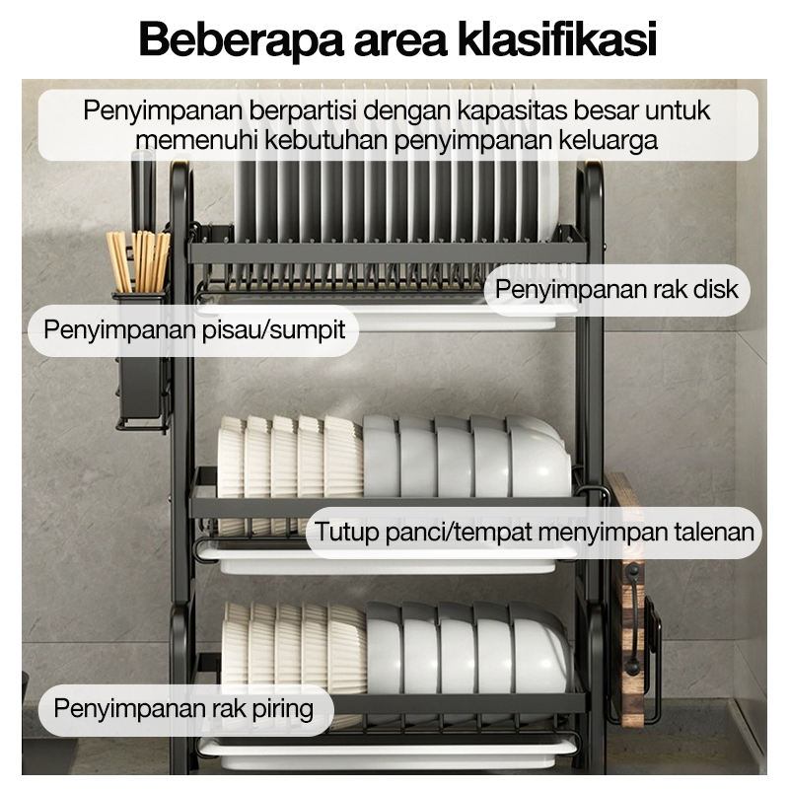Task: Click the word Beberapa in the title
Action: coord(241,39)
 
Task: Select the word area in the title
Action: coord(400,43)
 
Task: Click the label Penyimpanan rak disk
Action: coord(616,289)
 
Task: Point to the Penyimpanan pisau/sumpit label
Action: coord(194,330)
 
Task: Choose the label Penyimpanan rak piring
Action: coord(183,708)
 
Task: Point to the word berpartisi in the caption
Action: coord(303,110)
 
